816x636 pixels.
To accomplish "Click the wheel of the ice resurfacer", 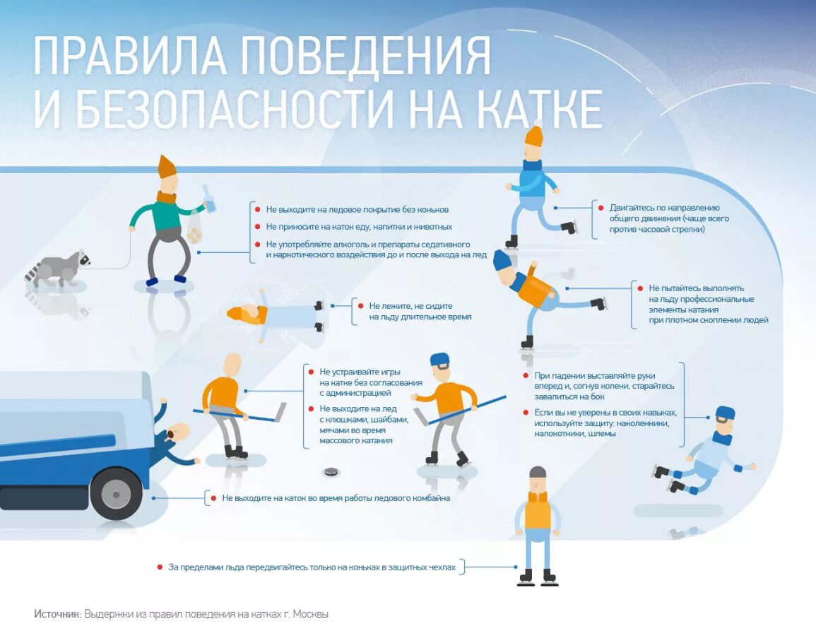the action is click(116, 493).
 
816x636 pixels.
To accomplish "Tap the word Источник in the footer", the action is click(57, 614).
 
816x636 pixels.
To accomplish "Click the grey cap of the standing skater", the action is click(538, 472).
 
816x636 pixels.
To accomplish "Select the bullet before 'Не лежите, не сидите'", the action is click(360, 306).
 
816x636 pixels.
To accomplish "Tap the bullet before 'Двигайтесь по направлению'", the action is click(601, 208).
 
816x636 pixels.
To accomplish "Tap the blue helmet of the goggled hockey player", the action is click(439, 360).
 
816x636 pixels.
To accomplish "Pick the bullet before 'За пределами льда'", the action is click(160, 567).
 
